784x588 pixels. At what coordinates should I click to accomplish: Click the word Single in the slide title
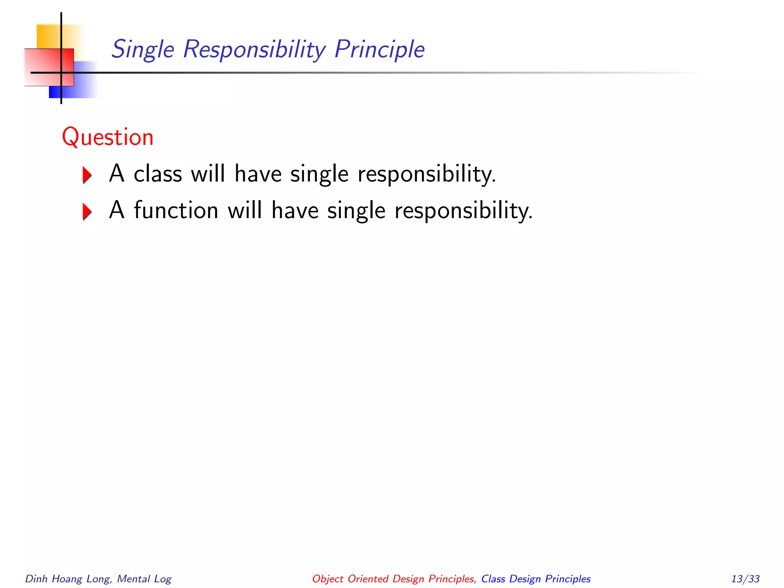click(143, 50)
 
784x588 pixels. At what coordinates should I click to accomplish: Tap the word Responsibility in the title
click(254, 50)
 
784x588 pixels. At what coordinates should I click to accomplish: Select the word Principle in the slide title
click(379, 50)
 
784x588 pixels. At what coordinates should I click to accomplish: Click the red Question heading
click(108, 137)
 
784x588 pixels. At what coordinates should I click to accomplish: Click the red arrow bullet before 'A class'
click(87, 175)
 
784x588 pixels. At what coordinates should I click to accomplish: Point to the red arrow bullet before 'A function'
click(87, 211)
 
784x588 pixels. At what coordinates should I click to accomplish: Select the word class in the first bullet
click(158, 174)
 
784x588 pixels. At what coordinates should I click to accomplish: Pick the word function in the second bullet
click(176, 211)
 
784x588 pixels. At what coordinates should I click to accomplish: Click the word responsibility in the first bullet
click(426, 175)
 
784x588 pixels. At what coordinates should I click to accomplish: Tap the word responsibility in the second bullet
click(463, 211)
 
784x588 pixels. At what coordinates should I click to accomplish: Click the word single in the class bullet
click(319, 175)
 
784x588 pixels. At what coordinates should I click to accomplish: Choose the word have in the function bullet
click(295, 211)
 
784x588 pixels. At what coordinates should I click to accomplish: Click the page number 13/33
click(745, 579)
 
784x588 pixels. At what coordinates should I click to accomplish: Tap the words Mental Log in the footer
click(144, 579)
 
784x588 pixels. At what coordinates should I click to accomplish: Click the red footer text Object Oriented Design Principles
click(393, 579)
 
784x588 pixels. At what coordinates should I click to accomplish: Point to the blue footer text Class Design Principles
click(536, 579)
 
